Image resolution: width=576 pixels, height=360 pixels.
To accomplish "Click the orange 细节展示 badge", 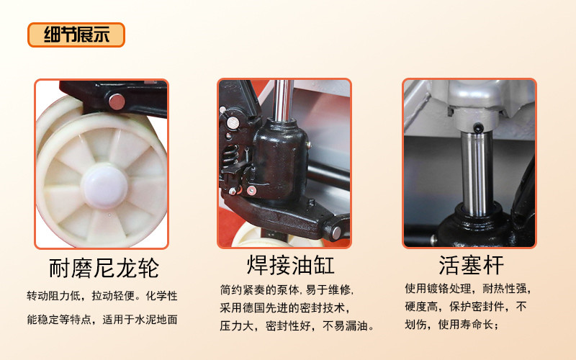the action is click(76, 35).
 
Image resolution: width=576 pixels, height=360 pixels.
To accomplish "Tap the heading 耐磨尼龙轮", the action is click(104, 268).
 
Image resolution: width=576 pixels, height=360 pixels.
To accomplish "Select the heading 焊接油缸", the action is click(291, 265).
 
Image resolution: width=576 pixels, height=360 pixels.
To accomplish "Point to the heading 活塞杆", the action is click(472, 265).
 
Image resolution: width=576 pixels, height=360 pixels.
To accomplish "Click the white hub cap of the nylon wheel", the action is click(104, 186).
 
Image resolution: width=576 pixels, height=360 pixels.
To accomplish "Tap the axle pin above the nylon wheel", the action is click(117, 102).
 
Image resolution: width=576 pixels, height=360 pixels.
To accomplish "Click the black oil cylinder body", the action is click(280, 161).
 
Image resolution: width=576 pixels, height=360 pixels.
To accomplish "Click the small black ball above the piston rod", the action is click(477, 128).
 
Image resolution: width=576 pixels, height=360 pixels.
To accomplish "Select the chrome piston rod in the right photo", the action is click(477, 174).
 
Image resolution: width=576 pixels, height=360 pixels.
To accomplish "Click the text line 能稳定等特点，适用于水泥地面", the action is click(102, 319).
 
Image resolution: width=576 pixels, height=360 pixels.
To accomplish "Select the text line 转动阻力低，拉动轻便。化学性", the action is click(102, 296).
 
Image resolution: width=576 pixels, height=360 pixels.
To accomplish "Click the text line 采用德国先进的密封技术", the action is click(284, 307).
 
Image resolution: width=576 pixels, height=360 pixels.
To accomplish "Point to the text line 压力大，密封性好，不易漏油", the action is click(297, 325).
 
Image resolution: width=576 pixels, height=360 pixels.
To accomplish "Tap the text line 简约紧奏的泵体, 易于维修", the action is click(287, 290).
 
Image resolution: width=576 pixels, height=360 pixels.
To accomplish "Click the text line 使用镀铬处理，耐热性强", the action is click(468, 289).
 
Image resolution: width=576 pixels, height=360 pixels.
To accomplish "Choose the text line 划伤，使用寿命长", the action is click(452, 324).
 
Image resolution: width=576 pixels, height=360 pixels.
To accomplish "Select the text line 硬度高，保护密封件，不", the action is click(466, 306).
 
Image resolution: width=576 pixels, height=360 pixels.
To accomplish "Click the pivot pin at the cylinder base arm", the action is click(336, 232).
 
